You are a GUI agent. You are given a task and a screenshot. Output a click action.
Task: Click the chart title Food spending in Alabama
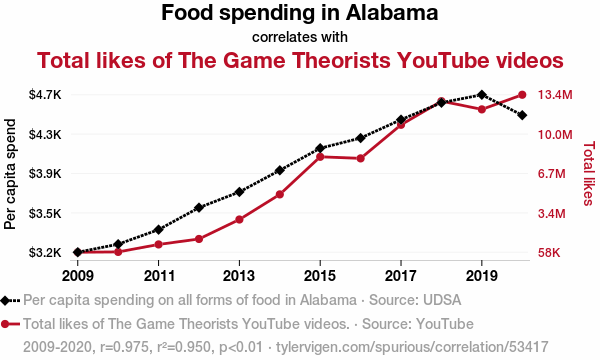[x=300, y=13]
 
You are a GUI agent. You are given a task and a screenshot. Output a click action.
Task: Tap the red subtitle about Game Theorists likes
[x=300, y=60]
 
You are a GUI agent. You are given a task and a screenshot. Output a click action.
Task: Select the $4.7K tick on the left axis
[x=45, y=94]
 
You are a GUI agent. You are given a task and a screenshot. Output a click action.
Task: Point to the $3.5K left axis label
[x=45, y=213]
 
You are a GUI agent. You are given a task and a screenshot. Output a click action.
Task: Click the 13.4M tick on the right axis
[x=555, y=94]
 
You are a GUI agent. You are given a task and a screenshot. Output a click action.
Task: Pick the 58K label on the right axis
[x=549, y=252]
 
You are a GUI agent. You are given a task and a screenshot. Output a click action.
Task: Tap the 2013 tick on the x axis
[x=239, y=275]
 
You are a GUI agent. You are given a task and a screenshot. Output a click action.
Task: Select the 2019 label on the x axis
[x=481, y=275]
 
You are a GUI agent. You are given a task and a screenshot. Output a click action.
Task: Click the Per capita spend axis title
[x=10, y=174]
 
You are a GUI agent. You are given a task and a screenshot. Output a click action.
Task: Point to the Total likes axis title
[x=589, y=173]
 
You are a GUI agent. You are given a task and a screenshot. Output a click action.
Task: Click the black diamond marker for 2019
[x=482, y=95]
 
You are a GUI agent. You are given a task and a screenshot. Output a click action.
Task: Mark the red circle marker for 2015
[x=320, y=157]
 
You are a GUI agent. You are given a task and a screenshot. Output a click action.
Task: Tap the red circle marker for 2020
[x=522, y=95]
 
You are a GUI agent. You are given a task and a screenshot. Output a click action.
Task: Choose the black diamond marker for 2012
[x=199, y=208]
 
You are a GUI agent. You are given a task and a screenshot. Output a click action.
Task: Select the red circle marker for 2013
[x=239, y=220]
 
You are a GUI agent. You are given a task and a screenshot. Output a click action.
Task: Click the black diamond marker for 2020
[x=522, y=115]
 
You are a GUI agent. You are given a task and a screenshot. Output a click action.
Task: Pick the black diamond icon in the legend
[x=5, y=300]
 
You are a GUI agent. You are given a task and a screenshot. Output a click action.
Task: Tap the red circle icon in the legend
[x=5, y=324]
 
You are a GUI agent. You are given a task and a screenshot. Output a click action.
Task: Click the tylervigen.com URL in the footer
[x=412, y=347]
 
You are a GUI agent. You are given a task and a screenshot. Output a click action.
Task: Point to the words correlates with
[x=300, y=37]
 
